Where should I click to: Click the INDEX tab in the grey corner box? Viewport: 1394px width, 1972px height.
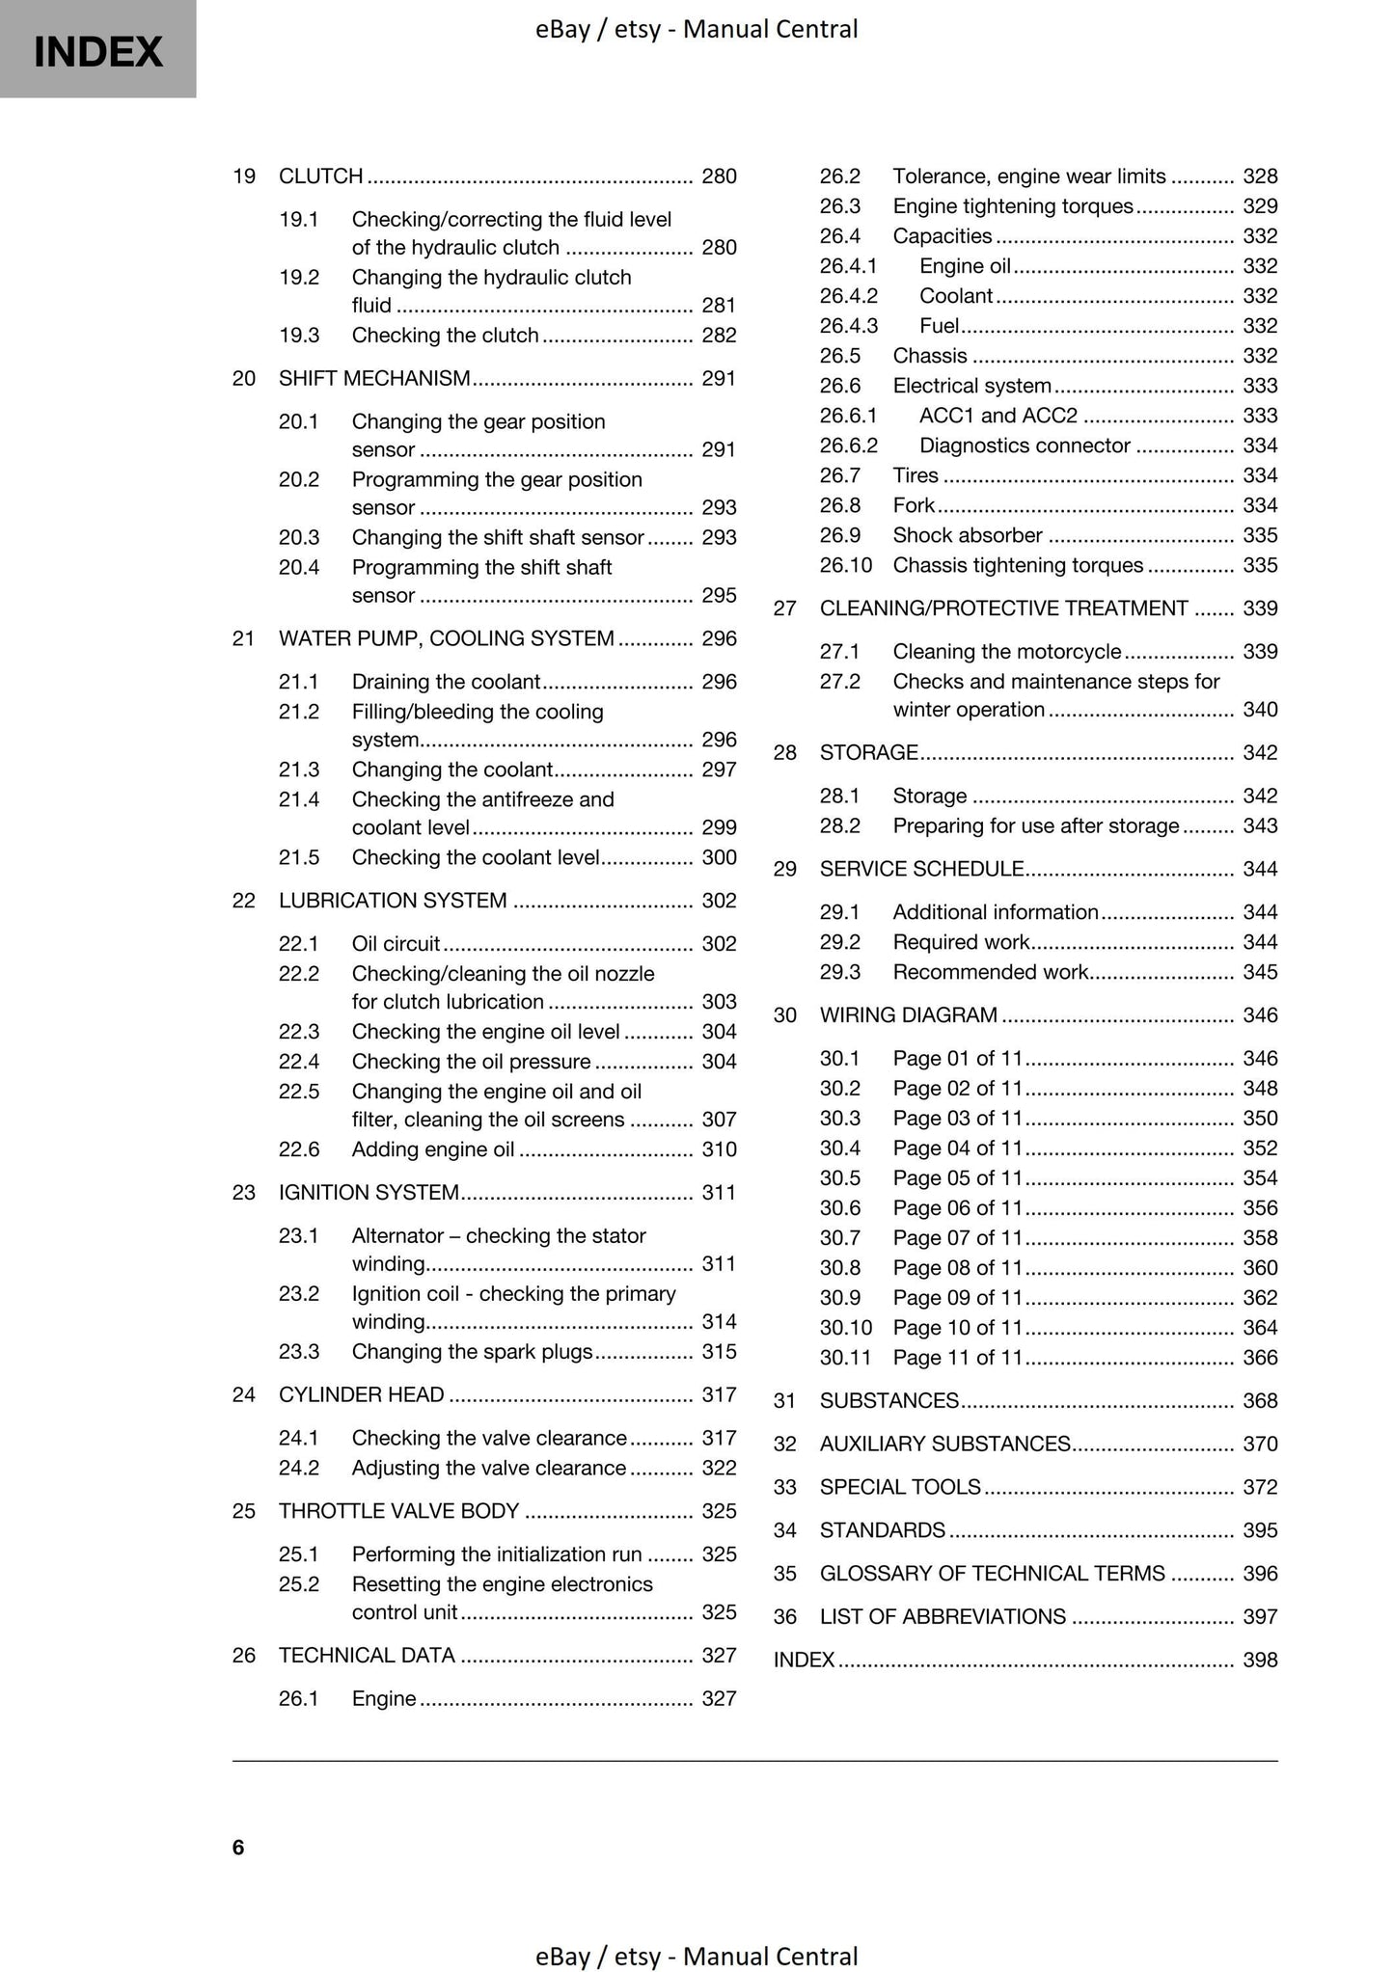point(97,51)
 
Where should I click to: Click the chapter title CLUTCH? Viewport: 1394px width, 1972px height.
point(320,176)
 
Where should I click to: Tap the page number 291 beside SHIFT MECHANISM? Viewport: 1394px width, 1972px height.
point(719,379)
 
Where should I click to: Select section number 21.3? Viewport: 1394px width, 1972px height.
point(298,770)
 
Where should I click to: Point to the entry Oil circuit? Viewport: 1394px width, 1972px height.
point(396,944)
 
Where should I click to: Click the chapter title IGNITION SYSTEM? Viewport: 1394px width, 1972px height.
point(369,1193)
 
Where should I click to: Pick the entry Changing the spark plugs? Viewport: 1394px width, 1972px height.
point(472,1352)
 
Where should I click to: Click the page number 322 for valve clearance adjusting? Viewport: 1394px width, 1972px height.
point(719,1469)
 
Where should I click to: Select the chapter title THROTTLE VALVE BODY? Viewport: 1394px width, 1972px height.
point(398,1511)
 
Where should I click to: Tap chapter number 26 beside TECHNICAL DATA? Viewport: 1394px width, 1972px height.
point(243,1656)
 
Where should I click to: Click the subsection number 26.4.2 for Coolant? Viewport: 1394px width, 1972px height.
point(848,296)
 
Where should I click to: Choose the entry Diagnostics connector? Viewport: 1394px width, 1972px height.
point(1025,446)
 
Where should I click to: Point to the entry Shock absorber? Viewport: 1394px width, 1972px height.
point(968,535)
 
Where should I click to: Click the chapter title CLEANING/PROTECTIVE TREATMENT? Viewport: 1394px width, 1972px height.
point(1003,608)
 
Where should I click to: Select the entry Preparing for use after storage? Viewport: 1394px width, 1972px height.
point(1035,826)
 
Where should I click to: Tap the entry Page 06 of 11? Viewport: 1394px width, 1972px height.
point(956,1208)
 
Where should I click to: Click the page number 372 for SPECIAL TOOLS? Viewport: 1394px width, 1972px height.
point(1259,1488)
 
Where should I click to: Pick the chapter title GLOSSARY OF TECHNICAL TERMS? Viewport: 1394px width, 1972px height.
point(992,1574)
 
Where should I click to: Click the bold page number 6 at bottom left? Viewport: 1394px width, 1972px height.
point(238,1848)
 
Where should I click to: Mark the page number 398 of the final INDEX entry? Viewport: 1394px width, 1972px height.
point(1259,1661)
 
